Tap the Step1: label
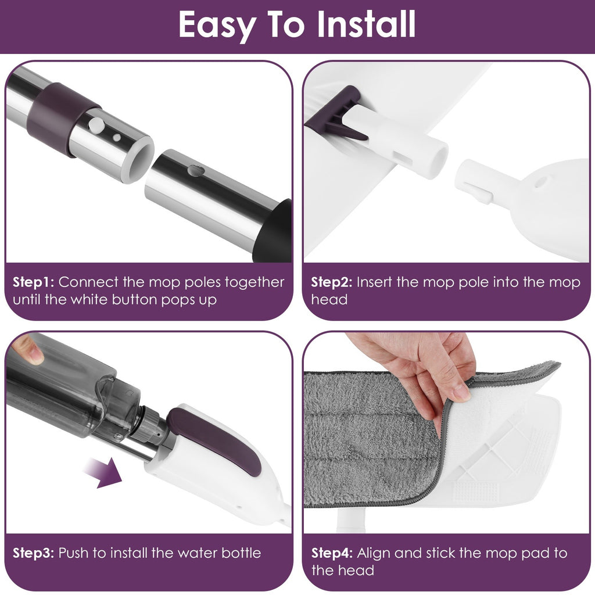point(33,282)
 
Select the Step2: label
point(331,282)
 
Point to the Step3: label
point(33,553)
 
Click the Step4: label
point(331,553)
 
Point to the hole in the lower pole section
point(195,171)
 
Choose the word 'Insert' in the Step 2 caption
point(376,282)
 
